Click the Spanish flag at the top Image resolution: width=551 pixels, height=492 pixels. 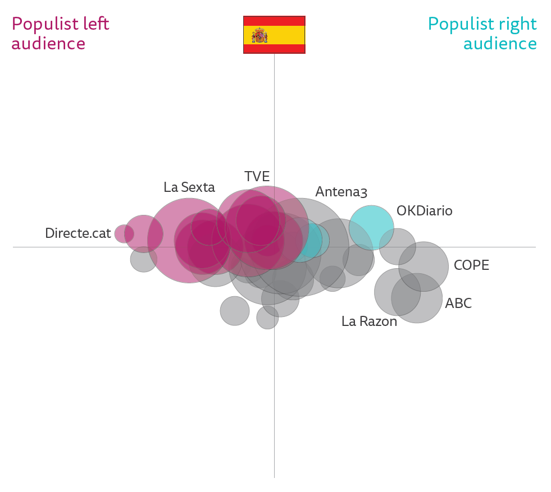click(x=274, y=35)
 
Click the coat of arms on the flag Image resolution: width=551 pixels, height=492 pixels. click(x=259, y=35)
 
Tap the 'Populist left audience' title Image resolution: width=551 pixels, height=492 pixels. click(x=60, y=34)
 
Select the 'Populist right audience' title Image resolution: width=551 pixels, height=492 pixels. click(x=482, y=34)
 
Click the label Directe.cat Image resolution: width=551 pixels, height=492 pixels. click(x=78, y=233)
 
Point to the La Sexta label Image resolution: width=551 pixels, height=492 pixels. click(x=189, y=187)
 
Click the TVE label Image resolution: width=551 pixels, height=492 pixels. click(x=257, y=176)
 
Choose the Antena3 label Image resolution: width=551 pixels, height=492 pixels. click(x=341, y=192)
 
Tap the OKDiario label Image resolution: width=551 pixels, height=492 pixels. click(x=424, y=211)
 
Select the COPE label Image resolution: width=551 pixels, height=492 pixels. click(x=471, y=265)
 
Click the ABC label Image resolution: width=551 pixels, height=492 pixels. click(x=458, y=304)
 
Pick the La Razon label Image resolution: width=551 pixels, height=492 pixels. click(x=369, y=321)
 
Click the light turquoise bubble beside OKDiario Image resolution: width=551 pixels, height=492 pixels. click(x=371, y=228)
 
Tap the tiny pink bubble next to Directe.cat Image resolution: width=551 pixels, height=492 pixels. click(x=124, y=234)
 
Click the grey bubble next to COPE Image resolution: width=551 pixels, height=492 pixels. click(x=424, y=266)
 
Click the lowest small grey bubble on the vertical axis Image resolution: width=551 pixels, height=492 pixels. click(x=267, y=318)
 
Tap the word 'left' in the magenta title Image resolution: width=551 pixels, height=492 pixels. click(x=95, y=24)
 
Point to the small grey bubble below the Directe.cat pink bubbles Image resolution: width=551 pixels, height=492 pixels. click(x=144, y=259)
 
